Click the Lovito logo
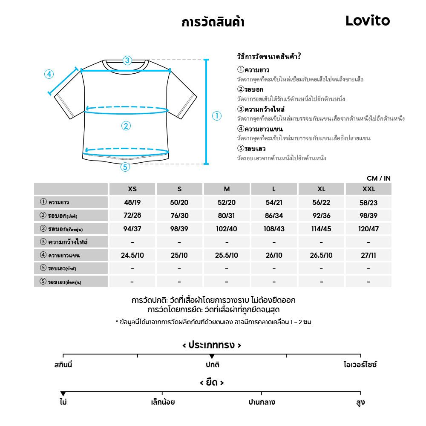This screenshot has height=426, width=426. [x=368, y=20]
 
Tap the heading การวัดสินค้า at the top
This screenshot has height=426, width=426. [x=213, y=22]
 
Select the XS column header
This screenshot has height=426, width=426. [x=132, y=189]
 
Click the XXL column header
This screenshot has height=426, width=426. [x=368, y=189]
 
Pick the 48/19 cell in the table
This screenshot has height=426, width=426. [x=132, y=203]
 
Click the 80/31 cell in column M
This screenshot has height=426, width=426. [x=227, y=216]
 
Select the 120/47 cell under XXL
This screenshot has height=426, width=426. [x=368, y=229]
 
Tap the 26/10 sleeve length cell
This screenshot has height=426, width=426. [x=274, y=256]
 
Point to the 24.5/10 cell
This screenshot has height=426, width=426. [x=132, y=256]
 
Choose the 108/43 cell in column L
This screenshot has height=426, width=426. [x=274, y=229]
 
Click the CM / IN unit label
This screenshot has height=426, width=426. [x=378, y=178]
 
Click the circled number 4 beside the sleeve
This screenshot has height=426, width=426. [x=49, y=74]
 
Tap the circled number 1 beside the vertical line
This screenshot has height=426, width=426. [x=217, y=116]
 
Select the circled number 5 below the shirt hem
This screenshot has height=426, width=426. [x=125, y=167]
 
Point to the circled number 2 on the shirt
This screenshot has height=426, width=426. [x=126, y=126]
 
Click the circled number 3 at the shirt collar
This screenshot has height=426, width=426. [x=127, y=60]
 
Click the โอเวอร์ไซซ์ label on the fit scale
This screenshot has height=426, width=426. [x=360, y=365]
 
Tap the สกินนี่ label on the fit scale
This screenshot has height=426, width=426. [x=63, y=365]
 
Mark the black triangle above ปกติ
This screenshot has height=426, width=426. [x=212, y=357]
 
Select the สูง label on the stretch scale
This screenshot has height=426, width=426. [x=360, y=402]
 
